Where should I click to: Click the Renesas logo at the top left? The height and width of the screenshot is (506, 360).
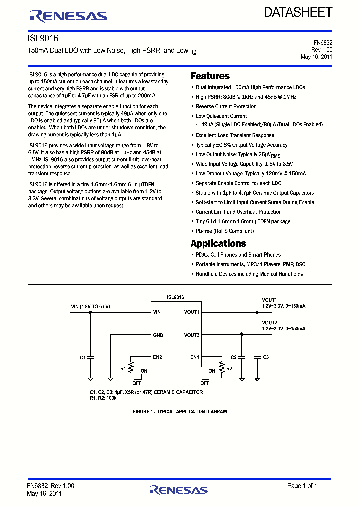(x=68, y=16)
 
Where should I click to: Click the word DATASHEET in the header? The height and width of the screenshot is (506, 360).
(x=298, y=13)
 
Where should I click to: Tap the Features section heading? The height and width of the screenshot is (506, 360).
(x=210, y=76)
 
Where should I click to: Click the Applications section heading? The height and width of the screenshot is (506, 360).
(x=218, y=244)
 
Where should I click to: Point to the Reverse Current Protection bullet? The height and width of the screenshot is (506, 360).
(x=226, y=107)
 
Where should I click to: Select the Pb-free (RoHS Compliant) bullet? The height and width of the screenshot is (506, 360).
(x=224, y=231)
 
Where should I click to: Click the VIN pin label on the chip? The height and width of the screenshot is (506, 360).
(x=157, y=312)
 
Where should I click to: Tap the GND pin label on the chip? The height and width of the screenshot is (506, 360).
(x=158, y=335)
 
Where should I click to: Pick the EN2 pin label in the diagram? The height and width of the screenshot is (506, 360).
(x=158, y=357)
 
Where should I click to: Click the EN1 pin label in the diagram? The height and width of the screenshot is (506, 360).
(x=194, y=357)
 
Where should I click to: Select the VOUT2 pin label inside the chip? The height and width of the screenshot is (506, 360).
(x=192, y=335)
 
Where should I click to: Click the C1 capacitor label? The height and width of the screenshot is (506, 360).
(x=83, y=357)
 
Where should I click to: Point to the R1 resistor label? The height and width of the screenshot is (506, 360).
(x=123, y=368)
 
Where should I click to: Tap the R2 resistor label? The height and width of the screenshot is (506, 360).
(x=229, y=368)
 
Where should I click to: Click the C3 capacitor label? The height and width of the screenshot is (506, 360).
(x=266, y=357)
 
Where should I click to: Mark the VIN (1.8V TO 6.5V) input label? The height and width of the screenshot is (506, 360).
(x=91, y=306)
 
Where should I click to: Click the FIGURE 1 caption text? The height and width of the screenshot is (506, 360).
(x=180, y=412)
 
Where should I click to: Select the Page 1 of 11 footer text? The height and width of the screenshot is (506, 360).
(x=303, y=486)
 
